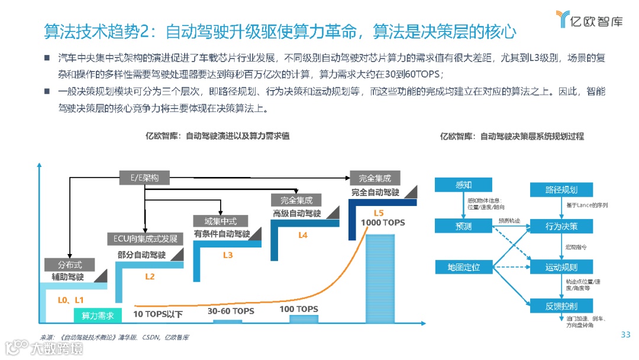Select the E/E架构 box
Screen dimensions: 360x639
145,177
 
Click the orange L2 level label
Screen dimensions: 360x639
150,277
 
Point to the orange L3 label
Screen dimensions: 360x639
228,255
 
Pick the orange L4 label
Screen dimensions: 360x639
303,235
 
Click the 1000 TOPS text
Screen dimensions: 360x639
383,223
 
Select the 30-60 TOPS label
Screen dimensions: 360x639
231,311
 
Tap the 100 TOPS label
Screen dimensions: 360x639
299,309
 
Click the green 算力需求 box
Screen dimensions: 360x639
98,315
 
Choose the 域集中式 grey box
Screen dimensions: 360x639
221,221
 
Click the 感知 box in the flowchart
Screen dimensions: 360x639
464,185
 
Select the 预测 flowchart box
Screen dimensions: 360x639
464,226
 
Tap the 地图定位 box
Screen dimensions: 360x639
464,267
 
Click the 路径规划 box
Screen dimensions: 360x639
561,189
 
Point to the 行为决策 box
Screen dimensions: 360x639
561,226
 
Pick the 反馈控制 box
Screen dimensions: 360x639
561,306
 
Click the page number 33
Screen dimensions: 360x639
625,335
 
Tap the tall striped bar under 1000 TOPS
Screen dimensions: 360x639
384,278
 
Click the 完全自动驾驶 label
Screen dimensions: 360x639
375,192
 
